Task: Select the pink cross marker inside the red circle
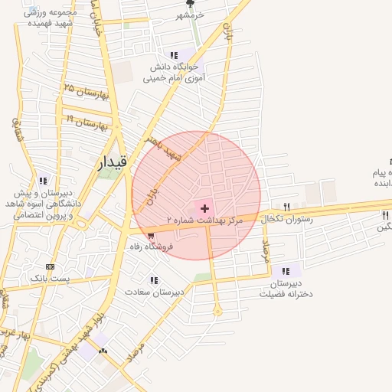tap(204, 207)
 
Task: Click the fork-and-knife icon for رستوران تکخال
tap(286, 206)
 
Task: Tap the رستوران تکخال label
tap(287, 219)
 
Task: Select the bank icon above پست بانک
tap(51, 266)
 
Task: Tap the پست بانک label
tap(49, 279)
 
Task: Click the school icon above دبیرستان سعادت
tap(154, 280)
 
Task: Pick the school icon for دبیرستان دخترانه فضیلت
tap(286, 270)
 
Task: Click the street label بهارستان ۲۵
tap(87, 92)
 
